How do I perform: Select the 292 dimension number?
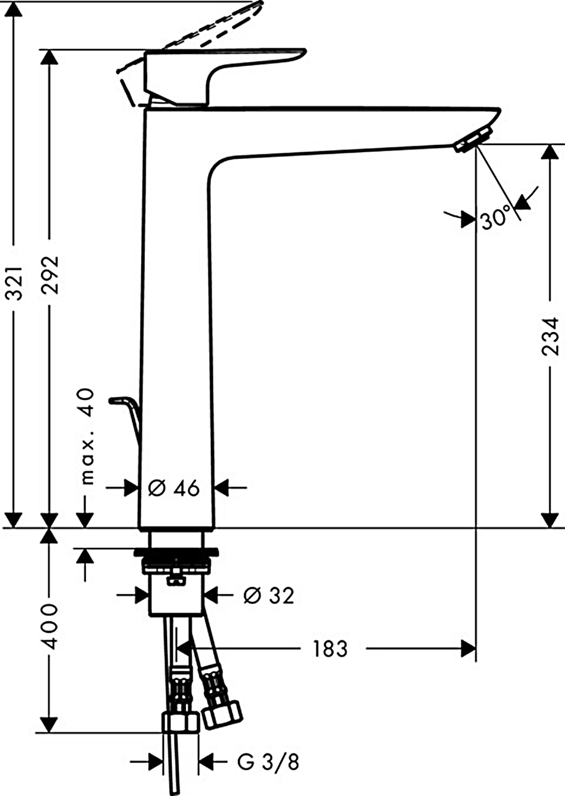(x=50, y=273)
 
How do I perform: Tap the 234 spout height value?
(x=550, y=336)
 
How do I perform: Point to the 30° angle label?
(x=495, y=217)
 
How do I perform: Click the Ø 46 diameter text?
(x=174, y=488)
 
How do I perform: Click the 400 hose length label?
(x=49, y=626)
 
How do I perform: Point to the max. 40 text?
(x=87, y=437)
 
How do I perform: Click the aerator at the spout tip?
(x=473, y=141)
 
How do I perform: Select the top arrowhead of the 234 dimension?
(x=550, y=152)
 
